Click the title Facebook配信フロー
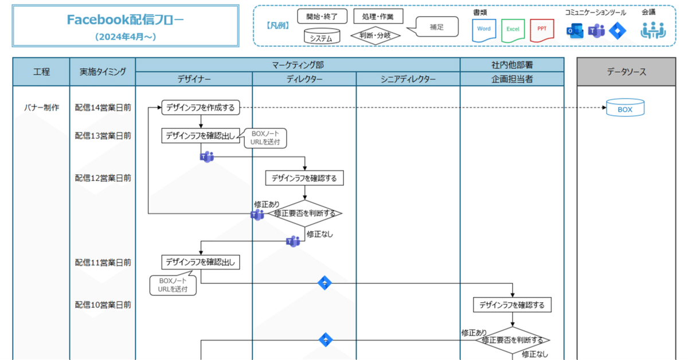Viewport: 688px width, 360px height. [126, 20]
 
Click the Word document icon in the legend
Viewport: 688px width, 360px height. [484, 29]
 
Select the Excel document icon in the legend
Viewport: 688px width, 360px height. [513, 29]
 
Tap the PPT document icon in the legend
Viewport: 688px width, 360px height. [541, 29]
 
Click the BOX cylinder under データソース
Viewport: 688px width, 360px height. [625, 108]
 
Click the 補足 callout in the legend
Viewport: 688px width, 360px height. [436, 26]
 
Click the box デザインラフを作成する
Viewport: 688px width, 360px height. [200, 108]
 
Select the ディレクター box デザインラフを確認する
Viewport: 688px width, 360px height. [304, 178]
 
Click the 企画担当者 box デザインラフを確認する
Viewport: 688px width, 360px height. [512, 305]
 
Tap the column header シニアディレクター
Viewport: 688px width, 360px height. [408, 80]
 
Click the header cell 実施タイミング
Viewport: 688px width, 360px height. [103, 72]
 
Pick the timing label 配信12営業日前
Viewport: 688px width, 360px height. [103, 178]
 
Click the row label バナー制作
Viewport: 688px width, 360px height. [41, 108]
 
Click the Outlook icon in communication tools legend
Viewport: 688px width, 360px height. [574, 31]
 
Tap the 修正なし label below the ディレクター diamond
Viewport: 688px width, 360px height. [319, 234]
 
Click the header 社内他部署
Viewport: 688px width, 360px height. [512, 65]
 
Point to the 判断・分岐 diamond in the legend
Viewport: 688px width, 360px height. [376, 35]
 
